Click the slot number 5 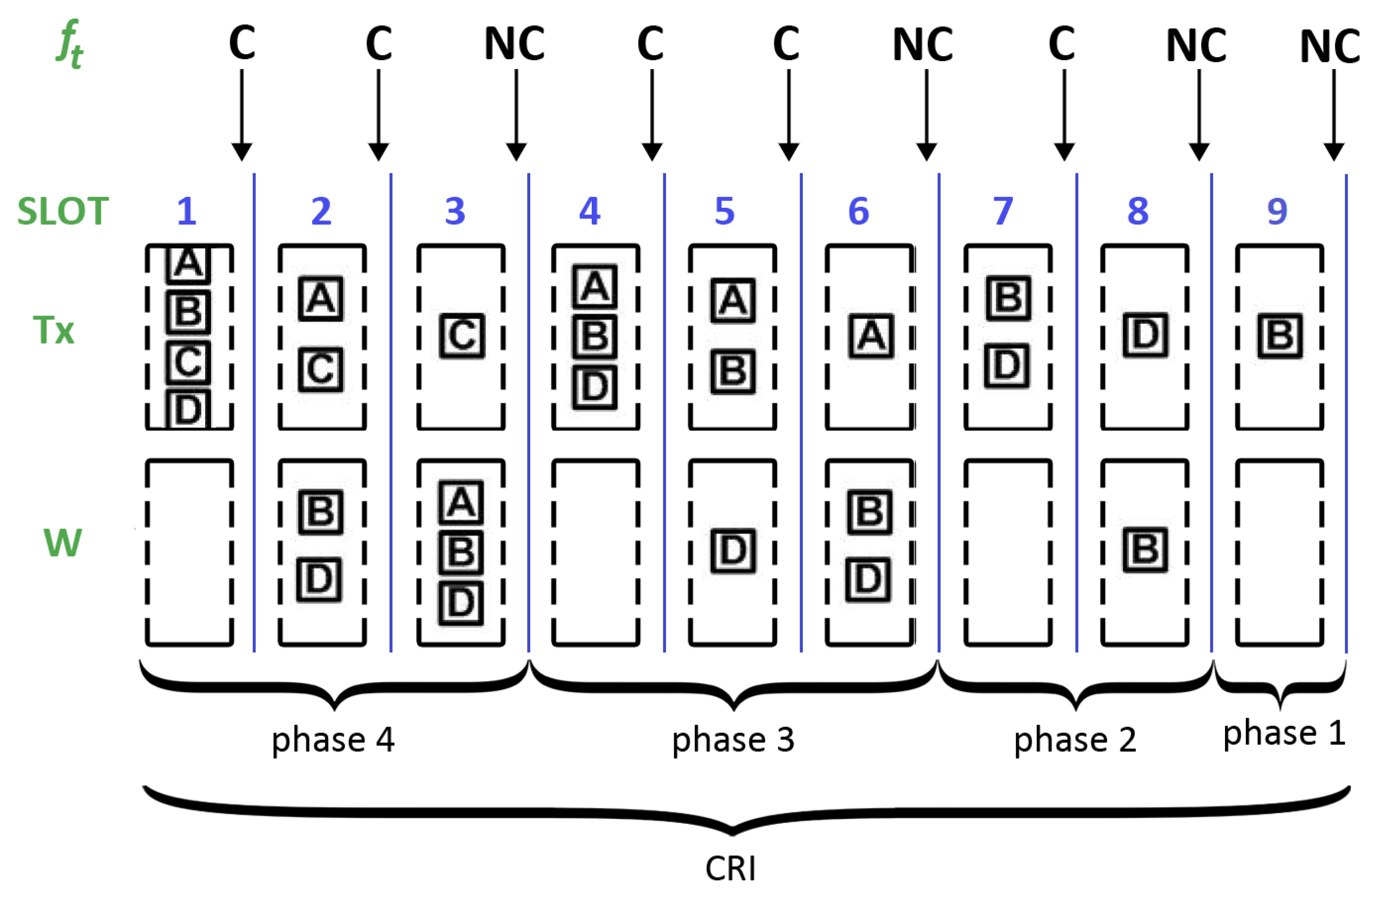[x=724, y=211]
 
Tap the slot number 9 [x=1277, y=211]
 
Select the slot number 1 [x=187, y=211]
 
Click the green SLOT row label [x=63, y=211]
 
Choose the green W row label [x=63, y=543]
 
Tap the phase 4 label [x=333, y=740]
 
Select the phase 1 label [x=1284, y=734]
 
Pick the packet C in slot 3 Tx [x=462, y=336]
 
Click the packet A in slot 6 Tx [x=871, y=336]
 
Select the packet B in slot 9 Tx [x=1280, y=336]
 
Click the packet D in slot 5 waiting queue [x=733, y=551]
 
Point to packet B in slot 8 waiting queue [x=1145, y=550]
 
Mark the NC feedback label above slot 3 [x=514, y=44]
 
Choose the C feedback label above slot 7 [x=1062, y=44]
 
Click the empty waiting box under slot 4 [x=595, y=553]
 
